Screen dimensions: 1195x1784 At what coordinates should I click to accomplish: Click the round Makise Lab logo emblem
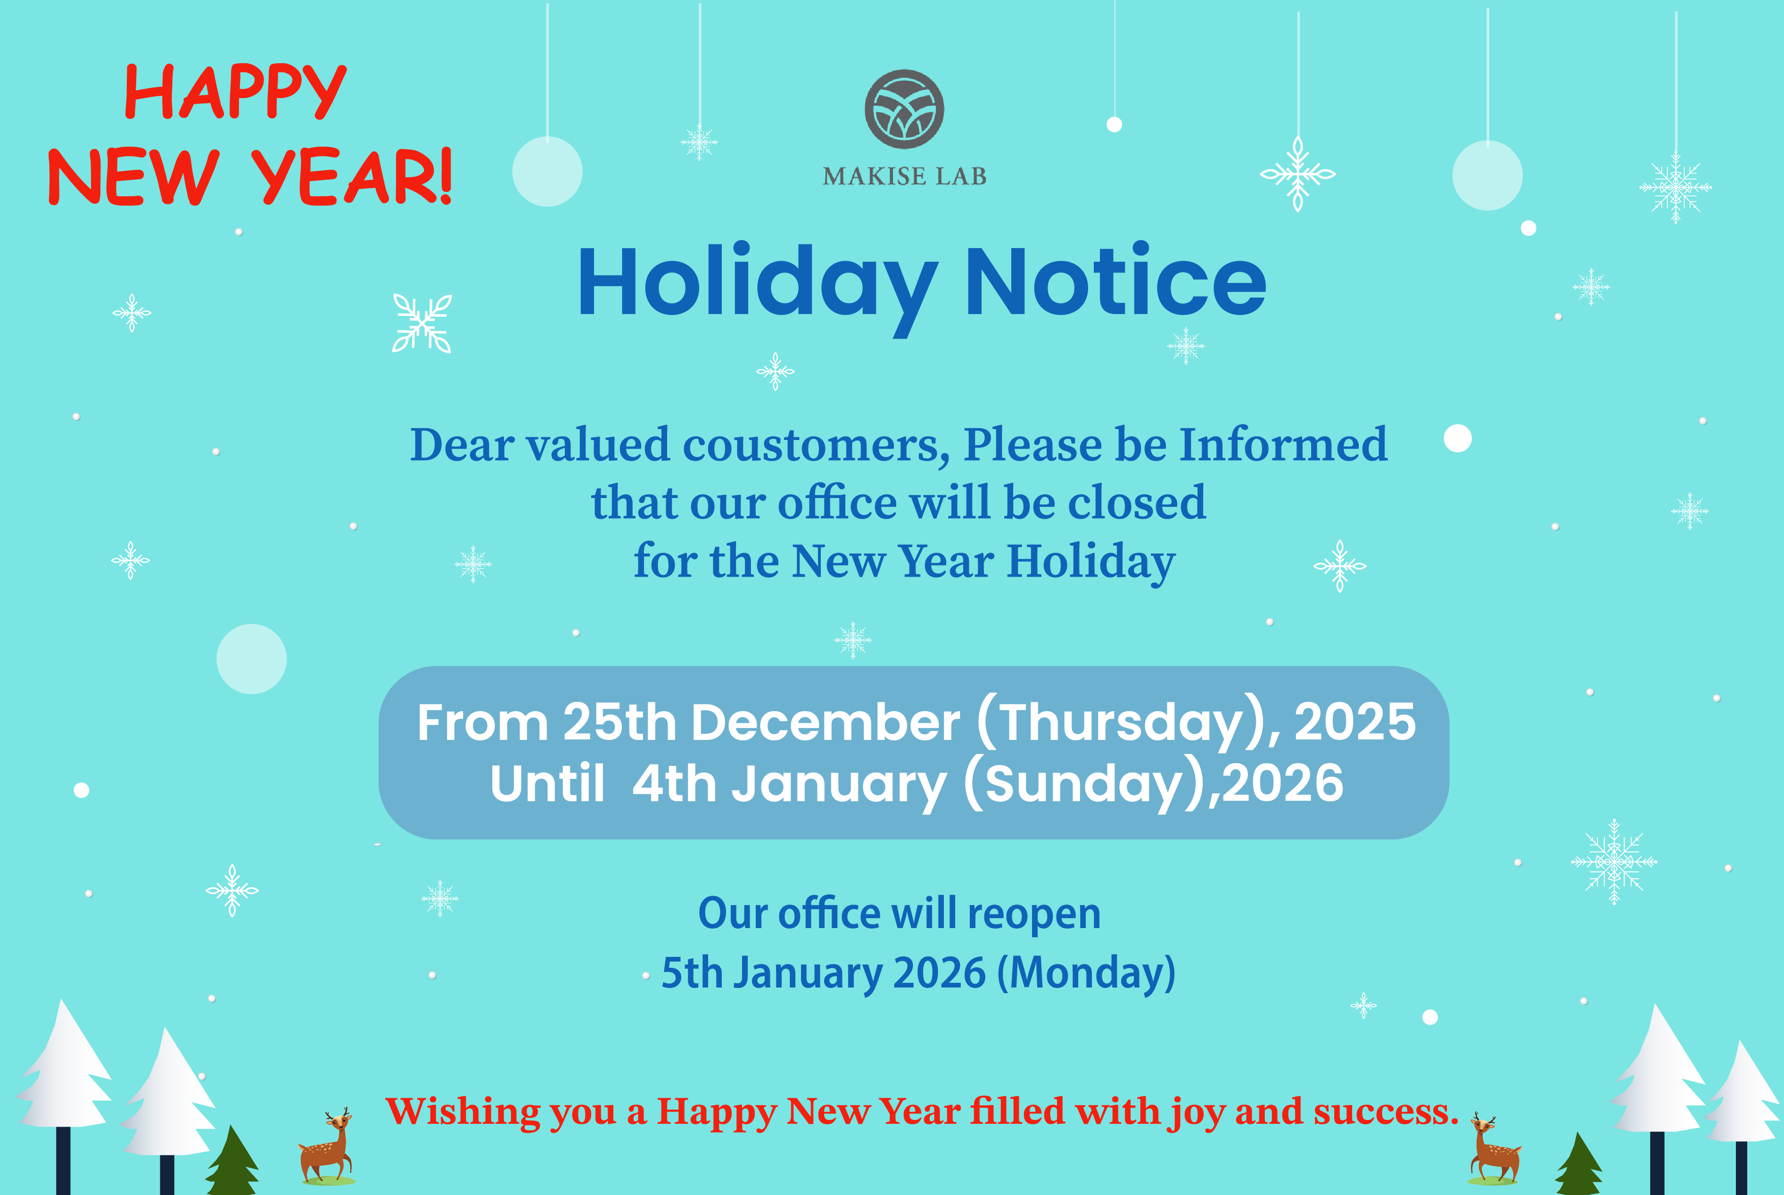point(904,109)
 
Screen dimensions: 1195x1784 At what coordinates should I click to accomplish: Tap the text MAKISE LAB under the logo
point(904,176)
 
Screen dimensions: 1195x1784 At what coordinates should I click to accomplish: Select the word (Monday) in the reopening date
point(1086,973)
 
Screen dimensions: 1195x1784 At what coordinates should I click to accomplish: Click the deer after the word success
point(1494,1149)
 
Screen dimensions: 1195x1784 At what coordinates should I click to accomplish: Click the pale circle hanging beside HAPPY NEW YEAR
point(547,172)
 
